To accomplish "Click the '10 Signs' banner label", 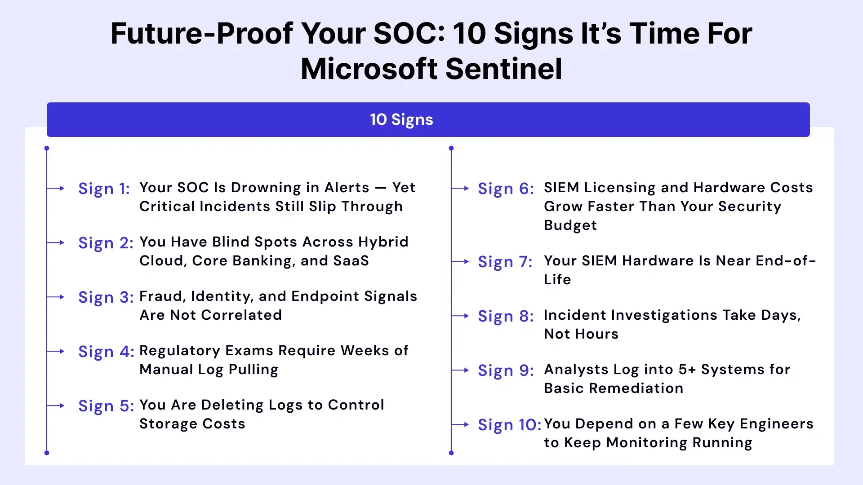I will click(x=401, y=120).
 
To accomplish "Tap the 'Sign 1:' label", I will click(x=104, y=189).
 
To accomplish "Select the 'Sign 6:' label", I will click(x=506, y=189).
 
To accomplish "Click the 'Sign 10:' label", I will click(x=509, y=425).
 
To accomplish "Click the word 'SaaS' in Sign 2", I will click(x=351, y=261).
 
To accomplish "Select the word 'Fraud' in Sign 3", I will click(x=160, y=296).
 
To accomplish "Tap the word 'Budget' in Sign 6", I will click(x=570, y=225).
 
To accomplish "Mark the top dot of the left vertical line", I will click(x=47, y=148).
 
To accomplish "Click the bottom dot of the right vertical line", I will click(x=451, y=453).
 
